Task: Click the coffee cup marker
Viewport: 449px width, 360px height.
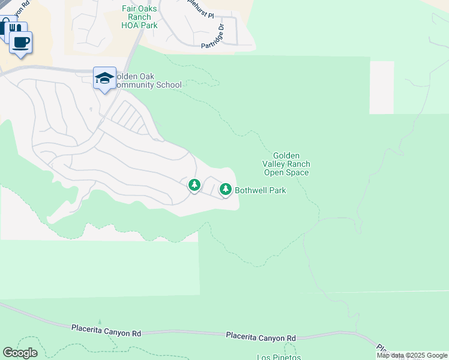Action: coord(21,43)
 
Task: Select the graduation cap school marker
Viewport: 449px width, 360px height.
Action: coord(105,79)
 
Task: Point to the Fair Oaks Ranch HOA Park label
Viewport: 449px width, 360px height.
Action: coord(139,17)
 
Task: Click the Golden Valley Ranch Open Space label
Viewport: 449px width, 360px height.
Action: coord(286,164)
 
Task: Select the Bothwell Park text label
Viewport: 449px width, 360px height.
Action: coord(260,190)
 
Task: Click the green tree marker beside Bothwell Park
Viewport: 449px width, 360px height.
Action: coord(226,190)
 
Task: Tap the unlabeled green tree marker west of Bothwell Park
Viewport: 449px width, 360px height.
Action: coord(194,185)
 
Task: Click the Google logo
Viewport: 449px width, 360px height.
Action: coord(20,353)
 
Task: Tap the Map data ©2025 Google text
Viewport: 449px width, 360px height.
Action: coord(412,355)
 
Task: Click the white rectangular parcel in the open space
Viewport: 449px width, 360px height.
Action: coord(382,87)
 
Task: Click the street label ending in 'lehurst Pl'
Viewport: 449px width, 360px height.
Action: coord(196,11)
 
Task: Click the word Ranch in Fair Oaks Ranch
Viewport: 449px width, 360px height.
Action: coord(139,17)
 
